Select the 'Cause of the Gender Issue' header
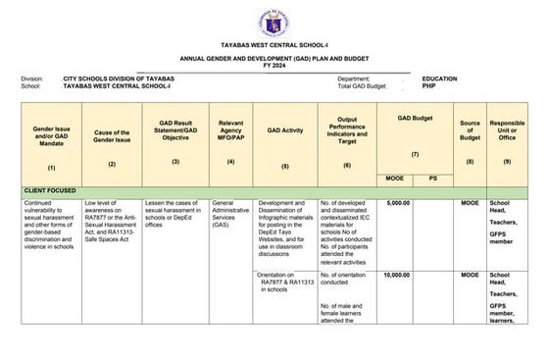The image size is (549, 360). click(112, 135)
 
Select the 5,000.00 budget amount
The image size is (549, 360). click(397, 203)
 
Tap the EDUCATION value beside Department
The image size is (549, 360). click(440, 78)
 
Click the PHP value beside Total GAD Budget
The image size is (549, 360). click(429, 86)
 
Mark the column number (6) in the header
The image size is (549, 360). click(347, 165)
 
